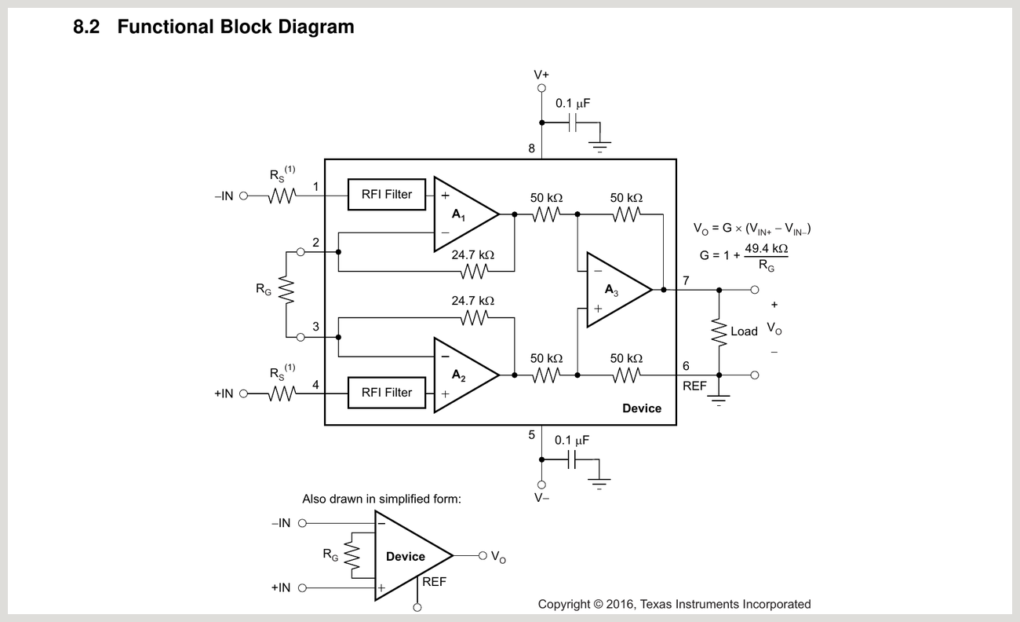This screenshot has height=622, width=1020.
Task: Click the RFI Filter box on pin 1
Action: pyautogui.click(x=387, y=195)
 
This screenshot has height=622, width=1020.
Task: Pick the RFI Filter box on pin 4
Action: pyautogui.click(x=387, y=393)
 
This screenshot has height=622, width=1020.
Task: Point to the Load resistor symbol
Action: pyautogui.click(x=719, y=331)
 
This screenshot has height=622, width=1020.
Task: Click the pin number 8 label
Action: pyautogui.click(x=531, y=148)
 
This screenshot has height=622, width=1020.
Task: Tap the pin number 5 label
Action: pyautogui.click(x=531, y=434)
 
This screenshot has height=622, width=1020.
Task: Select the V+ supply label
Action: pyautogui.click(x=541, y=75)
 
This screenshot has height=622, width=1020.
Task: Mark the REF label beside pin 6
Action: pyautogui.click(x=694, y=386)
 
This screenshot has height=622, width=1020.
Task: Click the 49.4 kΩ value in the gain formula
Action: pyautogui.click(x=766, y=248)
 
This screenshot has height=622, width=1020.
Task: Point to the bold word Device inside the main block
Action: pyautogui.click(x=642, y=408)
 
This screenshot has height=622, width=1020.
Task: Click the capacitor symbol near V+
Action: pyautogui.click(x=574, y=123)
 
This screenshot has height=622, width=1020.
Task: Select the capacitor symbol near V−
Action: pyautogui.click(x=574, y=459)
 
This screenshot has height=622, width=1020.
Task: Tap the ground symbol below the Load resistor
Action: pyautogui.click(x=719, y=400)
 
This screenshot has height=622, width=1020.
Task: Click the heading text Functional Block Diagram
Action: pyautogui.click(x=235, y=27)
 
